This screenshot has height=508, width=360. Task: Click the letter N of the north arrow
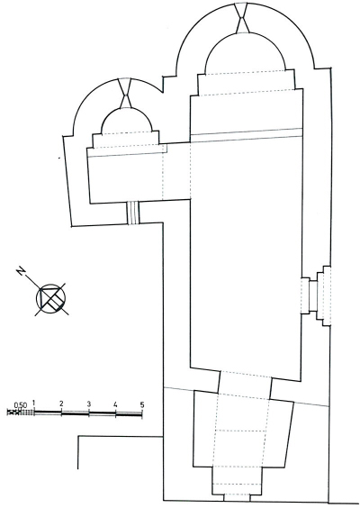22,271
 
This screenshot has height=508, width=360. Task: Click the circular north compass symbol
50,298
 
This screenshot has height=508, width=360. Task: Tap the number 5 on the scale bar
142,404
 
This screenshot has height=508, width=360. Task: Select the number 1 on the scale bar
33,404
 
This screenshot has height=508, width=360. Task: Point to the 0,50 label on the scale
21,405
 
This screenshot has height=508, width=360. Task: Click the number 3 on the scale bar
89,404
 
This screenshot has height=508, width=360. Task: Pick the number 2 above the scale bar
61,404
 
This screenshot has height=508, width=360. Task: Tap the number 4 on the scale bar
115,404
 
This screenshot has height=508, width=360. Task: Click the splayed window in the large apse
242,18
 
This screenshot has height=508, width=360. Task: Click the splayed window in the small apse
125,93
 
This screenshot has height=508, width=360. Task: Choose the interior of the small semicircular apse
126,122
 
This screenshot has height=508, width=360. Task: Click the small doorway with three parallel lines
132,213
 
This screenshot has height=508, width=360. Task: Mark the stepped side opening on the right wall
316,296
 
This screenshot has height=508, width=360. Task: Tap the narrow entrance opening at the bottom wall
237,496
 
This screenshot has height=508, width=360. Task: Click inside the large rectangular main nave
246,253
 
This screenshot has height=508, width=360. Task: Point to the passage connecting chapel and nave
176,171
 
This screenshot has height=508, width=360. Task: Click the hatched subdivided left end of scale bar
21,413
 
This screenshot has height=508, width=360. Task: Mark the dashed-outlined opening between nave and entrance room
245,385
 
